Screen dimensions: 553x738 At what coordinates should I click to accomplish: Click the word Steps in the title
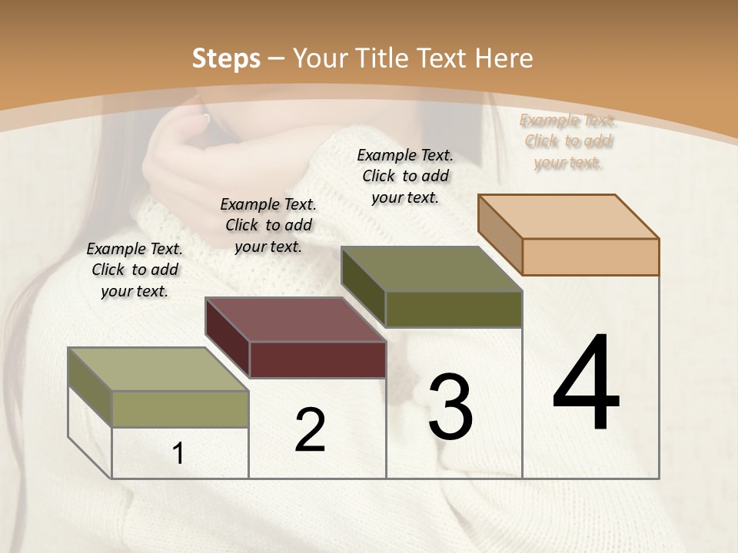point(226,58)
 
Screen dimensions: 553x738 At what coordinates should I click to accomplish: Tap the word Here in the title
point(504,58)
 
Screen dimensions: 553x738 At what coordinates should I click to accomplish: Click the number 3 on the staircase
point(450,407)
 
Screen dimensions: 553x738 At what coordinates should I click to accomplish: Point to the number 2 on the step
point(310,429)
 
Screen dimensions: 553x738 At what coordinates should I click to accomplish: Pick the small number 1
point(178,453)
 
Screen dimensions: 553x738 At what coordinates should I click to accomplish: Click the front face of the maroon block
point(317,359)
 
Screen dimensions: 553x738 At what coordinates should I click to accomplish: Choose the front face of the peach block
point(590,257)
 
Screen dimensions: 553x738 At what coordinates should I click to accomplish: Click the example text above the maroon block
point(268,225)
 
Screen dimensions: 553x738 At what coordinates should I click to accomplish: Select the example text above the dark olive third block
point(405,176)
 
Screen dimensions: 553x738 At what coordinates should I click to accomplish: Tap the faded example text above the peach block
point(567,141)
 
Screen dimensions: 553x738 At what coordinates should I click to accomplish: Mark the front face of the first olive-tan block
point(181,409)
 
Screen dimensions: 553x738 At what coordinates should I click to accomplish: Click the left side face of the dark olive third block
point(363,286)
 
